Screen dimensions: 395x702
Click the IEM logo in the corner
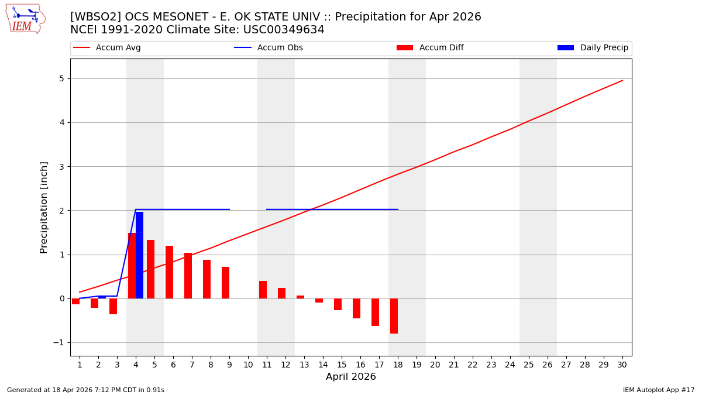[x=26, y=19]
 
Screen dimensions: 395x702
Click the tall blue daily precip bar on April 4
[x=139, y=255]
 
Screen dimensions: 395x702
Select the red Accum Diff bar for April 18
[x=394, y=316]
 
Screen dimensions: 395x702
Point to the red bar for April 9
[x=225, y=283]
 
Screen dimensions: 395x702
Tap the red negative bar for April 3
[x=113, y=306]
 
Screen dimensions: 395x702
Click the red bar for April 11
[x=263, y=290]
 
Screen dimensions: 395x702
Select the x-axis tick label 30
[x=622, y=365]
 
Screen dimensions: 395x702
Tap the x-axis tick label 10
[x=247, y=365]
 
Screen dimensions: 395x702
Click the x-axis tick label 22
[x=472, y=365]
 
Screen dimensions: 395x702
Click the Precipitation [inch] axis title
[x=44, y=207]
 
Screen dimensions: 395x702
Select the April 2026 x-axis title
[x=351, y=377]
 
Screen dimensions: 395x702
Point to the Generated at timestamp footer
[x=85, y=390]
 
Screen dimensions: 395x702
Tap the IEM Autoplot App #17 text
[x=658, y=390]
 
